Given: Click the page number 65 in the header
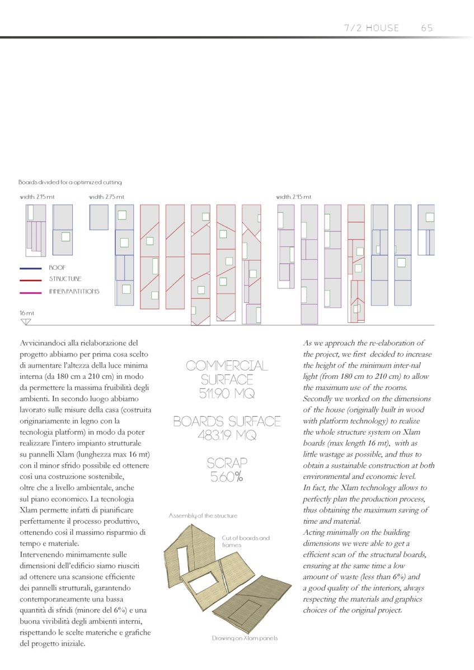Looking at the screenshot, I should [427, 28].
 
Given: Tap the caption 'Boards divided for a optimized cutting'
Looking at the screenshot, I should [70, 182].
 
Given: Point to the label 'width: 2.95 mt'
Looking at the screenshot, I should [37, 197].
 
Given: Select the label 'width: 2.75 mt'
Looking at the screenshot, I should [107, 197].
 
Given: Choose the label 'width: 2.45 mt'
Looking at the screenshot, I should [294, 197].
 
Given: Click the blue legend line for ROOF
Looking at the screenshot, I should [31, 268].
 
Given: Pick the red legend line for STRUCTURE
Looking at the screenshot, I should [31, 279].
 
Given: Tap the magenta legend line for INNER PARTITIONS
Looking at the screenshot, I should [31, 292].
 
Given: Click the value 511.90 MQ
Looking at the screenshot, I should [227, 393].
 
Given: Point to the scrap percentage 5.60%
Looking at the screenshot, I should [227, 477].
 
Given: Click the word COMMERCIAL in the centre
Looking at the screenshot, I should [227, 366].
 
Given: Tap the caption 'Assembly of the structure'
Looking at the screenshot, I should [203, 516].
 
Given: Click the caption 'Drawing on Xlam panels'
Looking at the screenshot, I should [245, 638].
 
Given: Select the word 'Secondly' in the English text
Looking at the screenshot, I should [321, 398].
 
